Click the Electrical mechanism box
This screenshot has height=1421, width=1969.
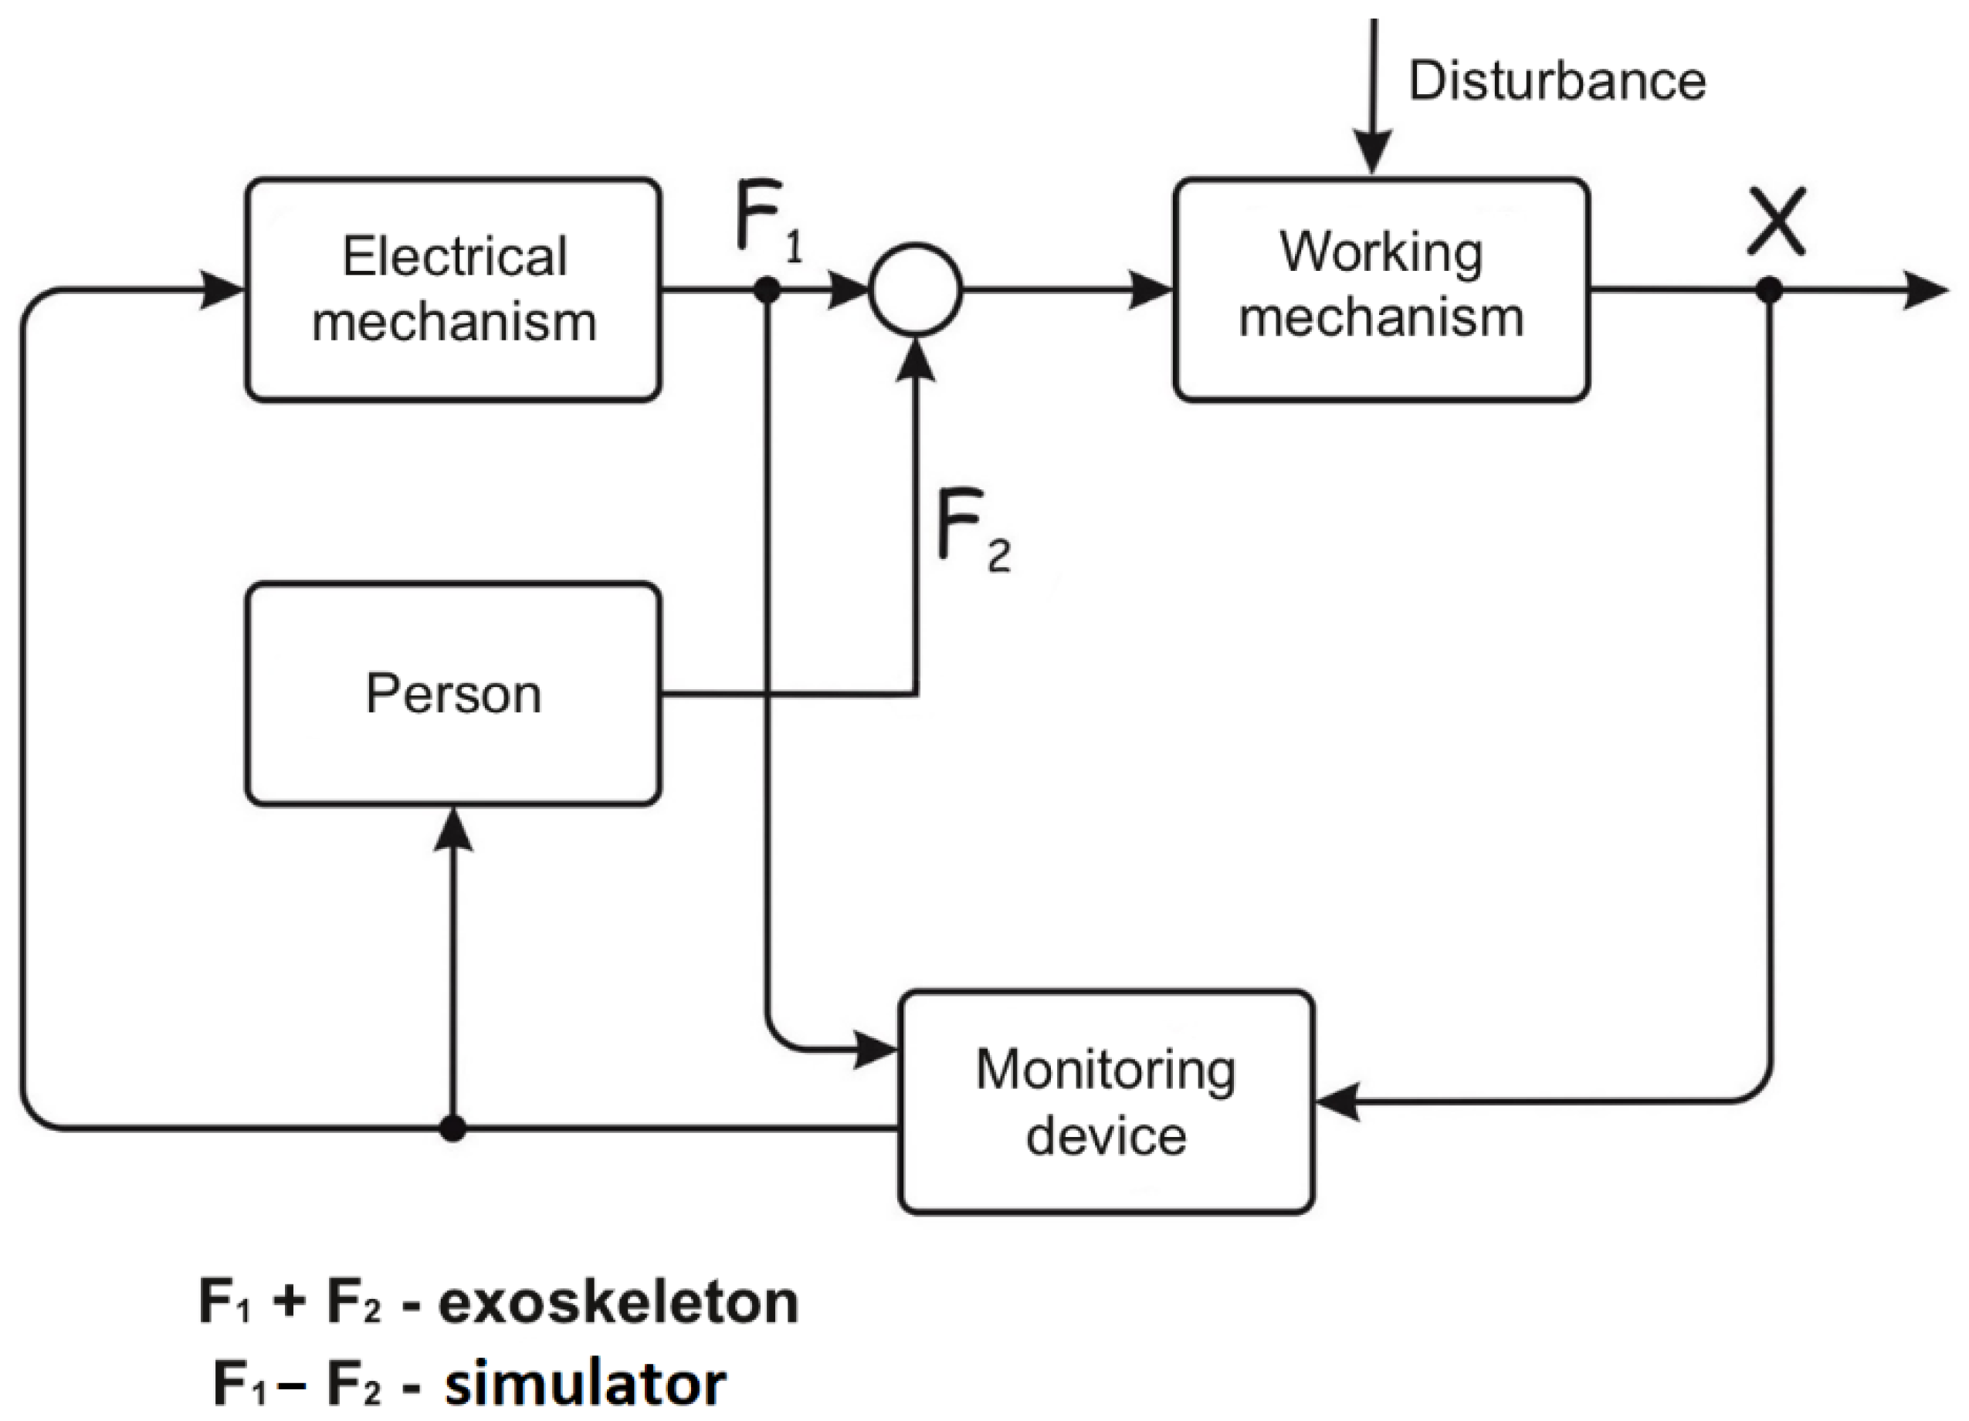tap(453, 290)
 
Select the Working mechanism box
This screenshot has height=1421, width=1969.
tap(1381, 290)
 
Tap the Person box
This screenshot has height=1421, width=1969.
tap(453, 694)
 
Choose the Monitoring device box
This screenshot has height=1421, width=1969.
tap(1105, 1101)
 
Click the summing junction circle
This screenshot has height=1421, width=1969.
tap(915, 289)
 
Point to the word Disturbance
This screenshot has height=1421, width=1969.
tap(1557, 81)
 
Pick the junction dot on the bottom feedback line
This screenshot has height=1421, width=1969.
tap(452, 1128)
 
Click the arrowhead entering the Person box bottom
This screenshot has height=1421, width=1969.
tap(452, 829)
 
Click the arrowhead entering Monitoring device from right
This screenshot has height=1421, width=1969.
tap(1337, 1101)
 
